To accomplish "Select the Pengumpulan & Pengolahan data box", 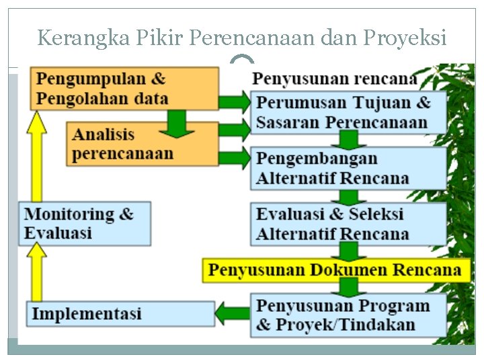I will (x=124, y=88).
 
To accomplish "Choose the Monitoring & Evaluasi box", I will (x=85, y=224).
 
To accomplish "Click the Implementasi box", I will (x=121, y=314).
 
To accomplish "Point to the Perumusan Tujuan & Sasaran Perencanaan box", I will (x=348, y=112).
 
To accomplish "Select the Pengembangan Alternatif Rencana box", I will (x=348, y=168).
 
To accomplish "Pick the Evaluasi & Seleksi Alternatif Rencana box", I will (x=348, y=223).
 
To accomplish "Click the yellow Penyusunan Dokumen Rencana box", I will (x=335, y=270).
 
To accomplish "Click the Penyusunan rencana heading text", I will (x=334, y=79).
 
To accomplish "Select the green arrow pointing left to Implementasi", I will (x=233, y=313).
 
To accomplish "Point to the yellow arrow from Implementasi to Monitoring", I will (x=37, y=272).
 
